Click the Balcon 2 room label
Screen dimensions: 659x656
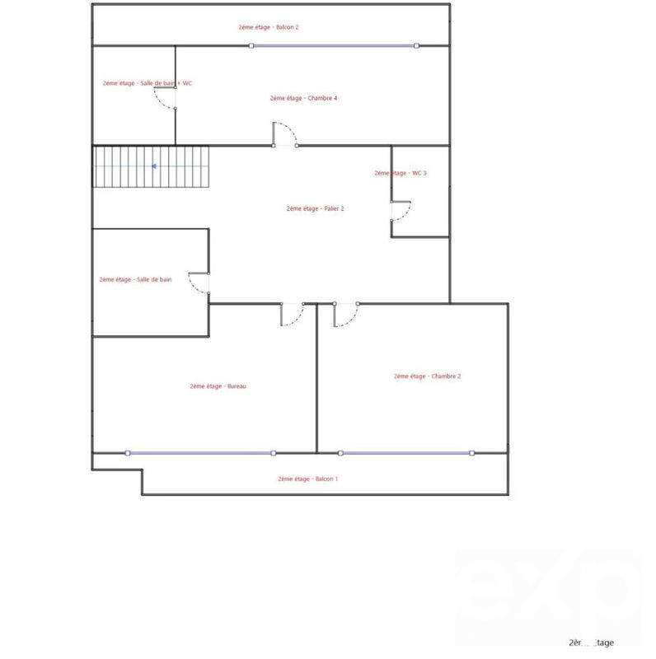[268, 27]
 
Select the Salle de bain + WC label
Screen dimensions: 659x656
[148, 83]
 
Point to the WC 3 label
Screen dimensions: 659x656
[400, 173]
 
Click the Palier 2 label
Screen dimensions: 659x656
[315, 208]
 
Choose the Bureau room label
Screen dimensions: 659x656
[218, 386]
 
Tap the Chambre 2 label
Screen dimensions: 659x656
[427, 376]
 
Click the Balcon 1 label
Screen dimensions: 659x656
[307, 479]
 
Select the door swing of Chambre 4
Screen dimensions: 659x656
[285, 134]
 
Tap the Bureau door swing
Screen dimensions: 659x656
[292, 315]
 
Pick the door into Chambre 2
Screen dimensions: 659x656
[345, 315]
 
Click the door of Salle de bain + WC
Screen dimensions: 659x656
[165, 97]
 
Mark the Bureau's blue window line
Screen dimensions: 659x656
[200, 452]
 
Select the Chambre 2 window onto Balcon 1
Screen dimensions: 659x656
[406, 452]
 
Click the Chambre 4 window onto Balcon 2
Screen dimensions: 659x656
[334, 46]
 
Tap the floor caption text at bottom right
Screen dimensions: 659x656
[591, 643]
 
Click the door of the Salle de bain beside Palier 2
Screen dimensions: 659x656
[199, 283]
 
